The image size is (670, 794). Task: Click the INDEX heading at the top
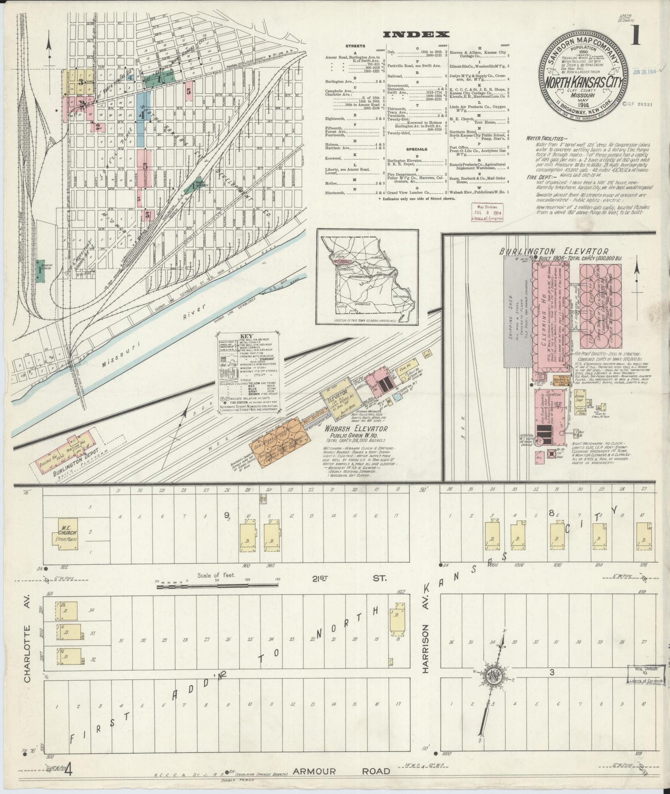pyautogui.click(x=415, y=34)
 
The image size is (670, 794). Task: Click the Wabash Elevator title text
pyautogui.click(x=356, y=429)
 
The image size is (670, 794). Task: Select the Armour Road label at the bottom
pyautogui.click(x=341, y=771)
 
